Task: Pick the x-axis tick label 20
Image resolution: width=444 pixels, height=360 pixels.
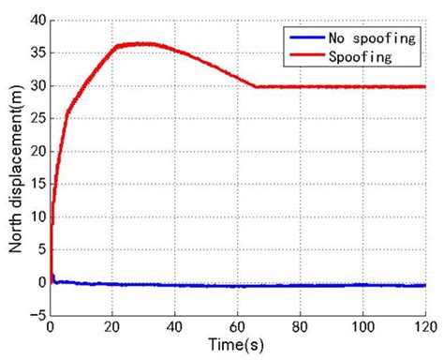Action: point(112,327)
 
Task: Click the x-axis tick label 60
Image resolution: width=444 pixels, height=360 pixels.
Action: point(237,327)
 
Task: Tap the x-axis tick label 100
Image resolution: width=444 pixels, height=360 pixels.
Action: point(362,327)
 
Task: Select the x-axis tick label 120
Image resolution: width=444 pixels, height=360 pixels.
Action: point(423,327)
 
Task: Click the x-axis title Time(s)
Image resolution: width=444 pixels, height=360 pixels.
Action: point(237,345)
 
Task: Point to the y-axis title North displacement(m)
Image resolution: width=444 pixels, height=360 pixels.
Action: point(14,167)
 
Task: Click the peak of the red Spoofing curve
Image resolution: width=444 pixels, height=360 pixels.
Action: point(141,43)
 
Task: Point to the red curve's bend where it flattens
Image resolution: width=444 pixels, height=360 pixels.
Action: point(256,86)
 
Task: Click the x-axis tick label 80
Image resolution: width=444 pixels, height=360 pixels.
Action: point(300,327)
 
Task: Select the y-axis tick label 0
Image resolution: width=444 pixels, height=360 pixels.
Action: point(39,282)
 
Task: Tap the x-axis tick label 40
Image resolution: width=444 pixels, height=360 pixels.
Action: point(175,327)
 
